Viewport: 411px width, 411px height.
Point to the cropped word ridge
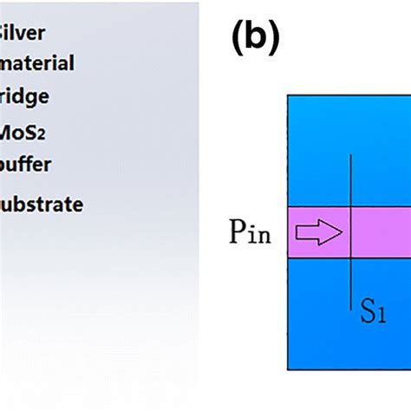[x=24, y=96]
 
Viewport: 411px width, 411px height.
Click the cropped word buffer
[x=25, y=164]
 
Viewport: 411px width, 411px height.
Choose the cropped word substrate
[x=41, y=205]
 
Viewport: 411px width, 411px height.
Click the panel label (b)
[x=256, y=39]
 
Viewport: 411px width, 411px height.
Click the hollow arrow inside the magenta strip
[x=320, y=232]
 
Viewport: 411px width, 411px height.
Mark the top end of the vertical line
[x=350, y=155]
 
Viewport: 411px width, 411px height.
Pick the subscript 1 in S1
[x=379, y=314]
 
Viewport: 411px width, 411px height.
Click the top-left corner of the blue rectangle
[x=288, y=95]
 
